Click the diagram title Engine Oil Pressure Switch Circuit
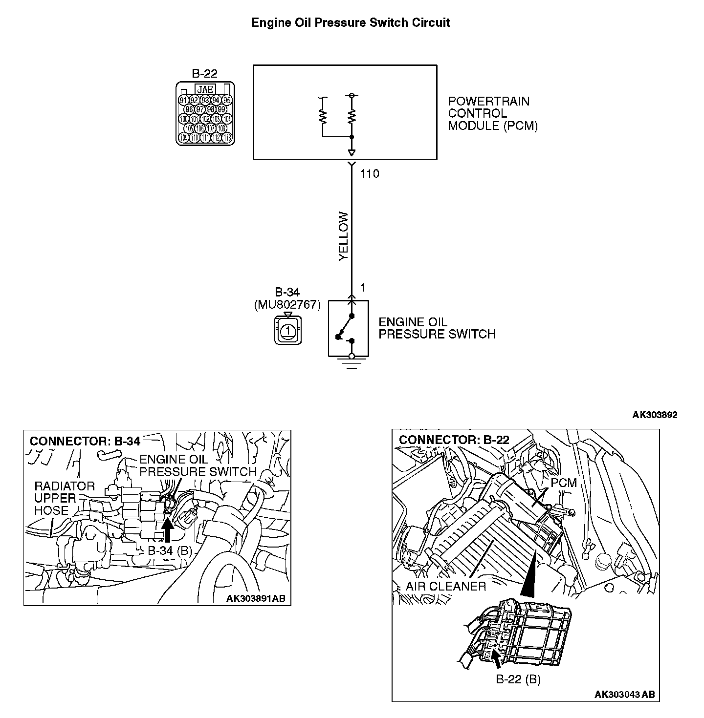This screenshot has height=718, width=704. pos(351,22)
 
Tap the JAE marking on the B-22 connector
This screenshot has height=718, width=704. pos(204,89)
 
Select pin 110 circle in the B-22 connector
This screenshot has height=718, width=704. pos(195,138)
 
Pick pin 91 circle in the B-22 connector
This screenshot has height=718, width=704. pos(183,100)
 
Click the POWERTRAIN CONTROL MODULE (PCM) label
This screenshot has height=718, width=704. pos(493,113)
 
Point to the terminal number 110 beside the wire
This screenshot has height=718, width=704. pos(369,173)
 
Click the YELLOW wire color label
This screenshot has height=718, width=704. pos(344,236)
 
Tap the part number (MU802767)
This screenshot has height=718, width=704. pos(287,305)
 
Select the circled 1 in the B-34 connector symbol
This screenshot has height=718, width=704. pos(288,331)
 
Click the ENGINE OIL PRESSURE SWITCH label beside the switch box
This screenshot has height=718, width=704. pos(437,328)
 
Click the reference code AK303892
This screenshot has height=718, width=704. pos(655,415)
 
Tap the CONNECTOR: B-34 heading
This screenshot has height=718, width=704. pos(85,441)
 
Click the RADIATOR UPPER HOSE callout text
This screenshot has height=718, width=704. pos(58,498)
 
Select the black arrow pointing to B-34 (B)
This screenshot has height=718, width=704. pos(167,531)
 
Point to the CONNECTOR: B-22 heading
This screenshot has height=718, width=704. pos(454,440)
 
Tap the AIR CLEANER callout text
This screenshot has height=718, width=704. pos(446,586)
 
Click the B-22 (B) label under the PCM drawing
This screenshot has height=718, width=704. pos(518,679)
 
